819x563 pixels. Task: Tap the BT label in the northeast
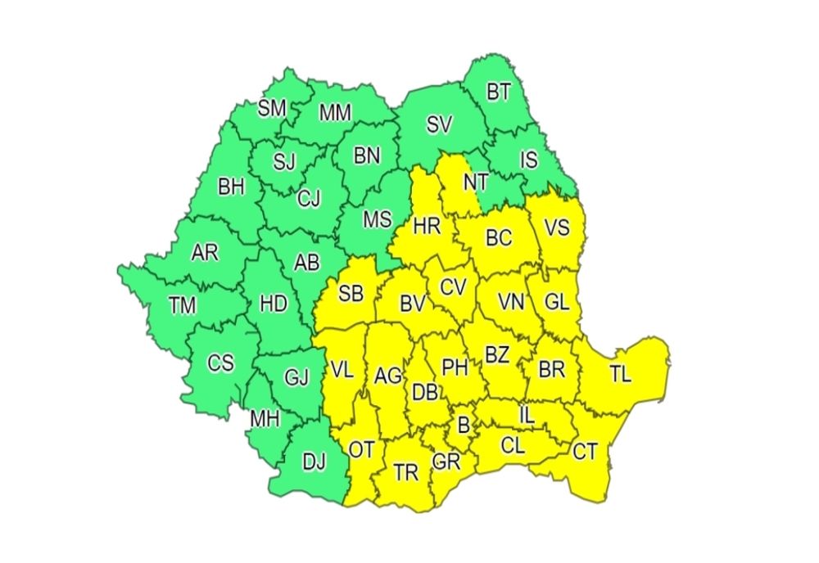point(499,92)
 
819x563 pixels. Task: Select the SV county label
point(439,125)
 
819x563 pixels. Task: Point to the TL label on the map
point(621,375)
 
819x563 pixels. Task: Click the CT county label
point(585,451)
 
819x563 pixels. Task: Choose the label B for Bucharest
point(464,426)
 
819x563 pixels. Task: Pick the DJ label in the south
point(314,462)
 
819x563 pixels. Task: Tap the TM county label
point(183,306)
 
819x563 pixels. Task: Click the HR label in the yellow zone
point(426,227)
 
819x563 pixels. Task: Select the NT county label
point(475,182)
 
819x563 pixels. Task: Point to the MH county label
point(265,419)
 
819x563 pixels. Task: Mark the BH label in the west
point(231,187)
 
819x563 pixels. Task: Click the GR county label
point(447,462)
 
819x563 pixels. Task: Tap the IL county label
point(527,416)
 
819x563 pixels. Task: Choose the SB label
point(350,294)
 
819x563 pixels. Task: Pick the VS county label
point(557,227)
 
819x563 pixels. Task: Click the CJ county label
point(309,197)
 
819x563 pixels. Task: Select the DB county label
point(424,392)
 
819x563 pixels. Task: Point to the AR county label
point(205,253)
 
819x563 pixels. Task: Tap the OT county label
point(361,449)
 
